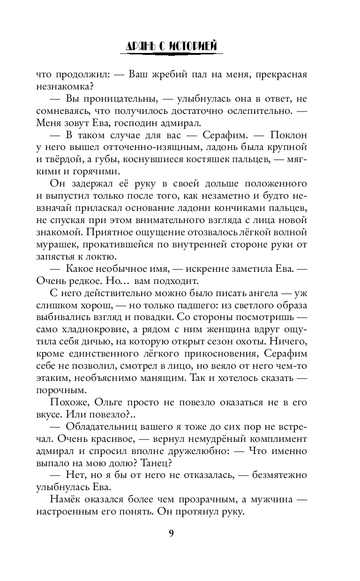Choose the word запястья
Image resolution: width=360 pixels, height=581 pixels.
(56, 257)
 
